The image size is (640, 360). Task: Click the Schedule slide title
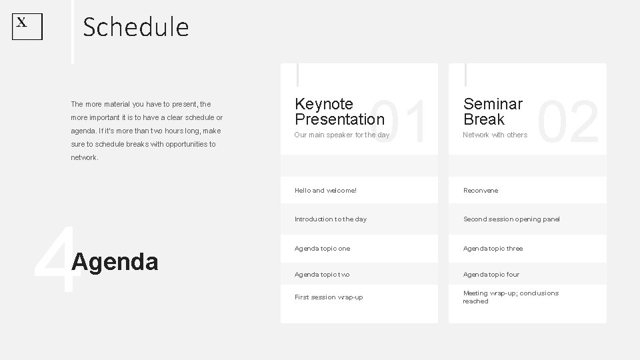click(x=136, y=27)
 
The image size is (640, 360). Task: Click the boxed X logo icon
click(x=27, y=27)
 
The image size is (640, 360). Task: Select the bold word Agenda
click(x=115, y=262)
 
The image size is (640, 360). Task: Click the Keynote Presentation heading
click(x=339, y=111)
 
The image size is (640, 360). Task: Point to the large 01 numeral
click(x=399, y=122)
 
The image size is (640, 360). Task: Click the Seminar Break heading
click(x=493, y=111)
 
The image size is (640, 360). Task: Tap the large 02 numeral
click(x=568, y=122)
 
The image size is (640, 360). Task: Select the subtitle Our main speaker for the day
click(x=341, y=135)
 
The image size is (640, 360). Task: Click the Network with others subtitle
click(x=495, y=135)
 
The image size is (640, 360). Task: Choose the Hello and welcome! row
click(x=325, y=191)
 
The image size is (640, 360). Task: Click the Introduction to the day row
click(x=330, y=219)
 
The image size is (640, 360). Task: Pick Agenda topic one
click(x=322, y=249)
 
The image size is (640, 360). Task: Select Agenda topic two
click(x=322, y=275)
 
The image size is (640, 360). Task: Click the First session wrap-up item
click(x=329, y=297)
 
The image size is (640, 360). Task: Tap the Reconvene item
click(x=481, y=191)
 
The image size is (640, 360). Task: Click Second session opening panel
click(x=511, y=219)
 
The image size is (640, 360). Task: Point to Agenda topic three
click(x=493, y=249)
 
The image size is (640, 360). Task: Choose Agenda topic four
click(x=491, y=275)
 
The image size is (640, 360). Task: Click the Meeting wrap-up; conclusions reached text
click(x=511, y=297)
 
